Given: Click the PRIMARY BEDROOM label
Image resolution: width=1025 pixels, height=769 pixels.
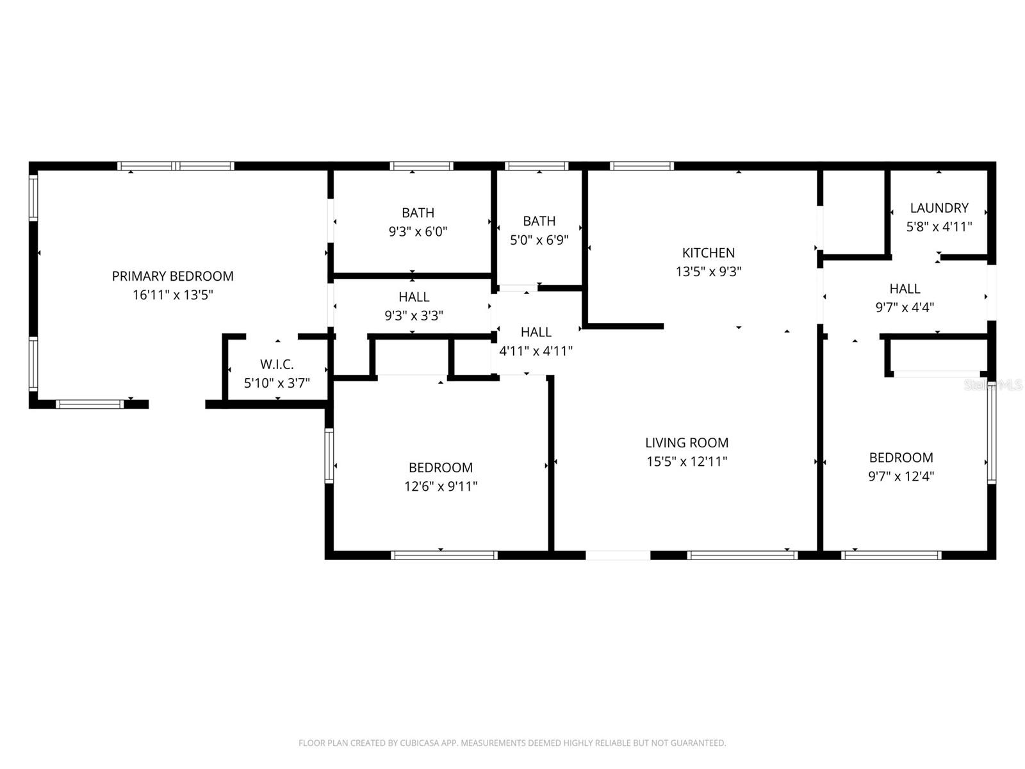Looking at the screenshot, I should click(x=172, y=276).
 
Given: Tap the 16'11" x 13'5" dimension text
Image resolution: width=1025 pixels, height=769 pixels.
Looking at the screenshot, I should click(x=172, y=295).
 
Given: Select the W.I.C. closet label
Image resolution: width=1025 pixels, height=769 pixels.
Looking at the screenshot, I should click(x=277, y=365).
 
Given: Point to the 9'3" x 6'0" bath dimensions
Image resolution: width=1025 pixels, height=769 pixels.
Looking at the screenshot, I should click(x=418, y=231).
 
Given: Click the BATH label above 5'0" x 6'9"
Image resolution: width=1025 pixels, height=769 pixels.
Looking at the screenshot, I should click(x=539, y=221).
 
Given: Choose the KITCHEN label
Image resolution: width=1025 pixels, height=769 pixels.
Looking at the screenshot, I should click(x=708, y=252).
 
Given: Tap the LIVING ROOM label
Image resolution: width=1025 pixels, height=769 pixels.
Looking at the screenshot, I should click(x=686, y=443).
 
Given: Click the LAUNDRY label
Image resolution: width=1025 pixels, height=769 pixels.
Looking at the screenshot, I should click(x=939, y=208).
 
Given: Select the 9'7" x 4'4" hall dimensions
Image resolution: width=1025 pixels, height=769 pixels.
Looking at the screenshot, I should click(x=904, y=307).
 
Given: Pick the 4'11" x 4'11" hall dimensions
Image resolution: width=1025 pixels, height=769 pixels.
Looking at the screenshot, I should click(x=536, y=351).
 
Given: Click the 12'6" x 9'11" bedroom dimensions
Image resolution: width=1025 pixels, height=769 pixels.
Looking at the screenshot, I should click(x=440, y=486).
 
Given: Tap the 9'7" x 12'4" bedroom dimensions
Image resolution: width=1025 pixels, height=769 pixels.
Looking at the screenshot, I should click(x=901, y=476).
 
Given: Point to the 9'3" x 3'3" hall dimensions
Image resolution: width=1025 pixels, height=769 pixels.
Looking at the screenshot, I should click(x=413, y=315).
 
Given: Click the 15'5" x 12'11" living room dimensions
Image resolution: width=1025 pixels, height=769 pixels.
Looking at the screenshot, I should click(x=686, y=461).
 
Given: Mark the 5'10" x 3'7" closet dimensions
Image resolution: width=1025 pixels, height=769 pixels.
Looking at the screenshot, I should click(x=277, y=383).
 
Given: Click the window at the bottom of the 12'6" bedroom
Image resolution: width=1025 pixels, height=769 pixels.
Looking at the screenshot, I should click(x=444, y=555).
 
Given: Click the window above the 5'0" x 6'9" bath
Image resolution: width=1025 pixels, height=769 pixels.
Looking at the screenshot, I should click(x=536, y=166).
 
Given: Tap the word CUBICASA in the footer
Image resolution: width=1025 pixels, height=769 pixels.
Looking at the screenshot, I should click(x=418, y=743).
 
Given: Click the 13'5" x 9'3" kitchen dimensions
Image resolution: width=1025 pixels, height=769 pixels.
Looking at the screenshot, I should click(x=708, y=271).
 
